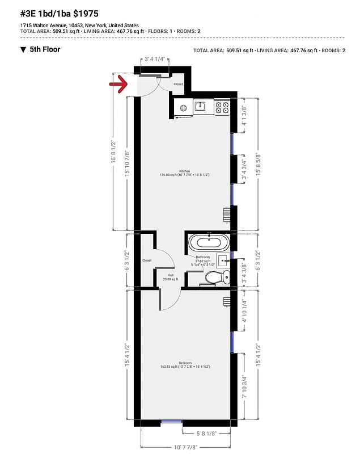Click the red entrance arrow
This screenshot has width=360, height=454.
click(117, 85)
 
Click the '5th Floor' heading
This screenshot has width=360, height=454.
click(45, 49)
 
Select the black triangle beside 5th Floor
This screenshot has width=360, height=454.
click(23, 50)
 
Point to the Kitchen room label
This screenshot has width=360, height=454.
click(185, 171)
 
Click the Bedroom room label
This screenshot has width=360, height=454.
click(185, 363)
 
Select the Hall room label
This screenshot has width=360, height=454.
click(170, 275)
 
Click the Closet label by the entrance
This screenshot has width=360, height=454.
click(179, 84)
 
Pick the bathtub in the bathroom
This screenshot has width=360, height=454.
click(209, 243)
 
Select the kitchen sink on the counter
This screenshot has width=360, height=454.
click(200, 106)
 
